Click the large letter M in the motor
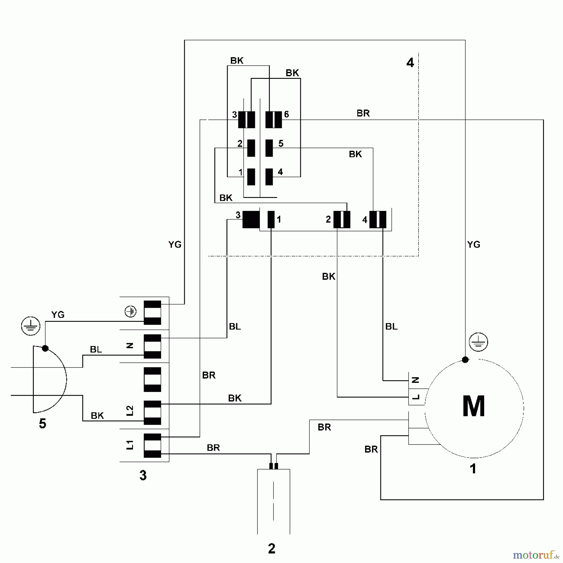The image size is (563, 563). [x=474, y=406]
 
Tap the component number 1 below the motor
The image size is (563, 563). [x=473, y=469]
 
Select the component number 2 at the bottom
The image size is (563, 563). [x=271, y=548]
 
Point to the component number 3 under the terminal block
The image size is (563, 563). [x=143, y=475]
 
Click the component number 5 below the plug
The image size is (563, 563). [x=43, y=424]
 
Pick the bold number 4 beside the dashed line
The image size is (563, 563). [x=410, y=63]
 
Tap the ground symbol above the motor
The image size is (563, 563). [x=478, y=342]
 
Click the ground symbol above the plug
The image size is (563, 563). [x=31, y=326]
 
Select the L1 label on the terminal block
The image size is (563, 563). [x=130, y=445]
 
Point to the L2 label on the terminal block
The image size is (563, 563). [x=130, y=411]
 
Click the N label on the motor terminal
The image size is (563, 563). [x=415, y=380]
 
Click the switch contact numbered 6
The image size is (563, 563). [x=274, y=120]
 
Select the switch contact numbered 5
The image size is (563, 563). [x=269, y=148]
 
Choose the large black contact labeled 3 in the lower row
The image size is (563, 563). [x=251, y=220]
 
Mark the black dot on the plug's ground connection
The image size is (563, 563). [x=45, y=348]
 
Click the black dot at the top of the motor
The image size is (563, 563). [x=465, y=360]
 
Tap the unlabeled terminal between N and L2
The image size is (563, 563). [x=152, y=380]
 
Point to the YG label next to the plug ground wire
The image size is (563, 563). [x=58, y=315]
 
